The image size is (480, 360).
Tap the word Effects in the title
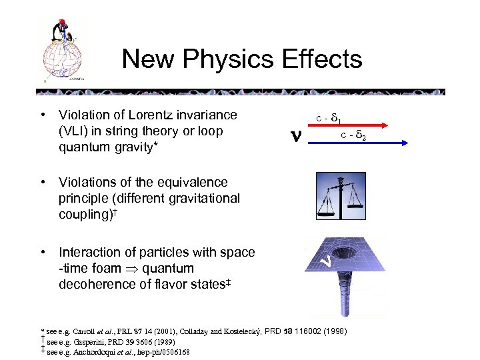tap(323, 59)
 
